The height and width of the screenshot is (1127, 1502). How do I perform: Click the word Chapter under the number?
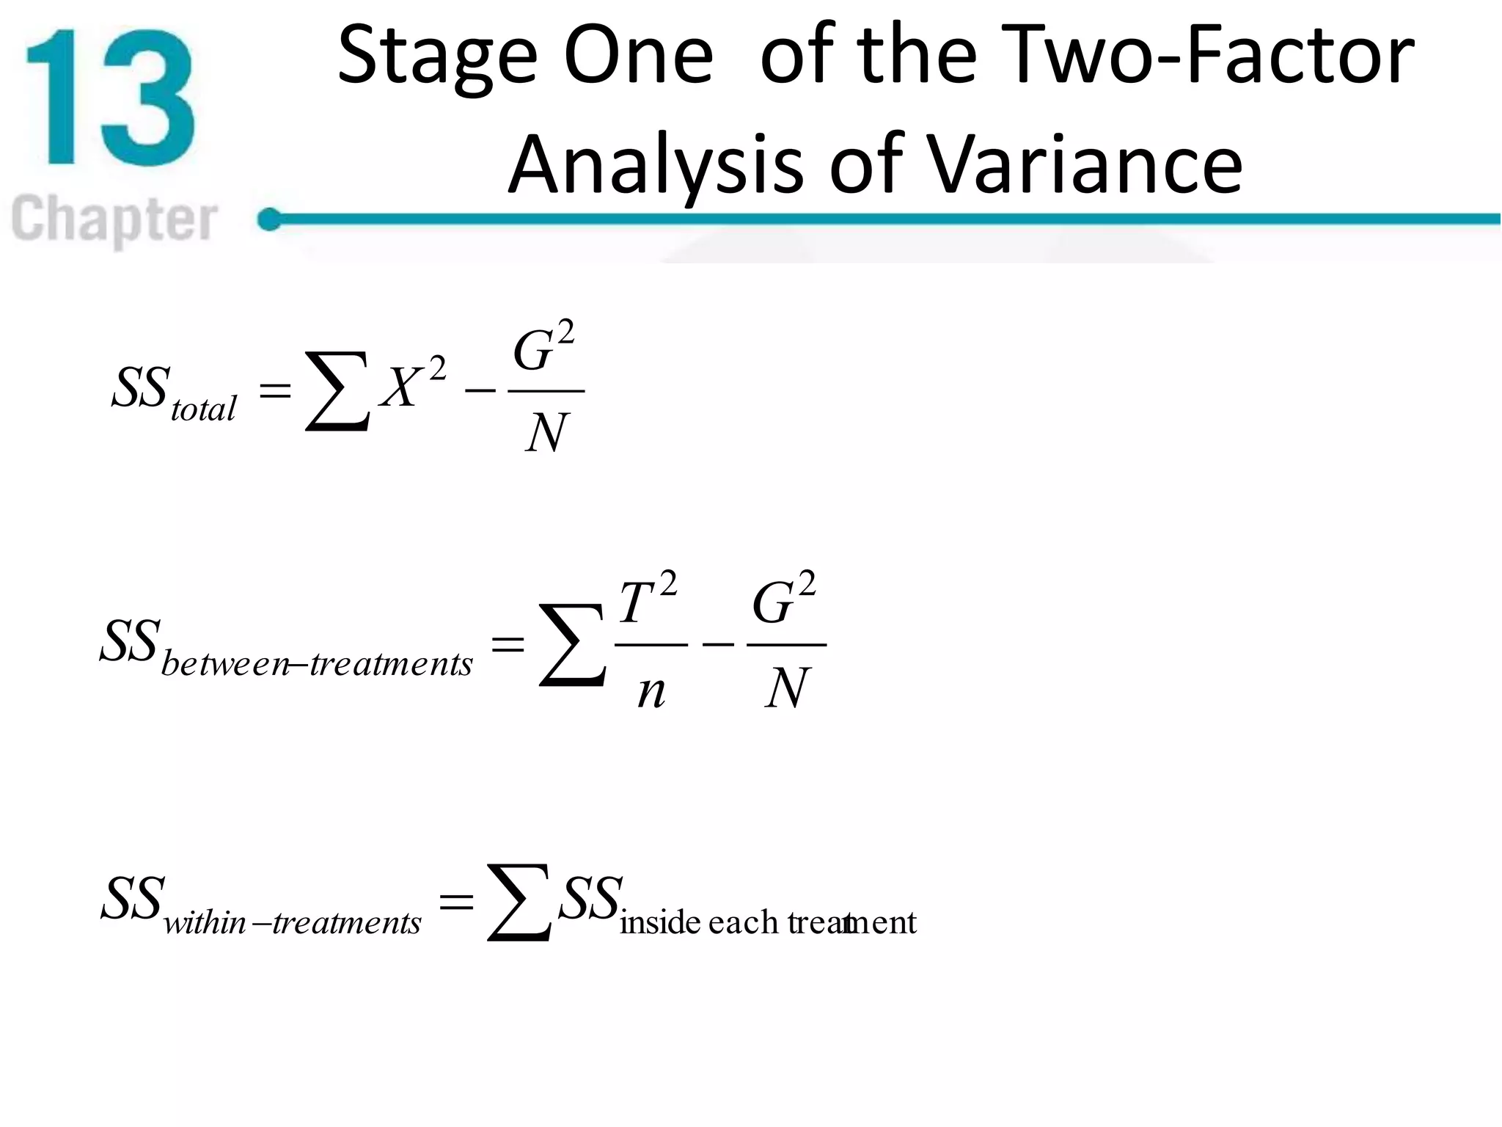(x=114, y=219)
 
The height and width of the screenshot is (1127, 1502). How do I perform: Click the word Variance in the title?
(x=1085, y=165)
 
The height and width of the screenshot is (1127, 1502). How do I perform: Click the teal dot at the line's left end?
(x=270, y=219)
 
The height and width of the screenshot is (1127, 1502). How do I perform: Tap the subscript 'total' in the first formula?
(x=203, y=408)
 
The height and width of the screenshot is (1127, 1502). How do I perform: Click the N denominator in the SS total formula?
(x=546, y=433)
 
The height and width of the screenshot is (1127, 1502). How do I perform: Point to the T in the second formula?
(x=637, y=603)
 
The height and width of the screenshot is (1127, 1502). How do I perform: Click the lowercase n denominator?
(x=651, y=690)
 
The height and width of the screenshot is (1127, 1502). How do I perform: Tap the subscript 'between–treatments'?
(x=317, y=664)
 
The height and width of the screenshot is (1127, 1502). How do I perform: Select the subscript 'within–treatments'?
(x=292, y=922)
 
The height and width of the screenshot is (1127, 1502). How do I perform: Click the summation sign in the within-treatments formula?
(x=519, y=902)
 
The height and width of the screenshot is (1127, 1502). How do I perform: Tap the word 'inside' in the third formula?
(x=660, y=922)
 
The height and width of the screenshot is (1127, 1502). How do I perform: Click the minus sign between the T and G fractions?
(x=718, y=644)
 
